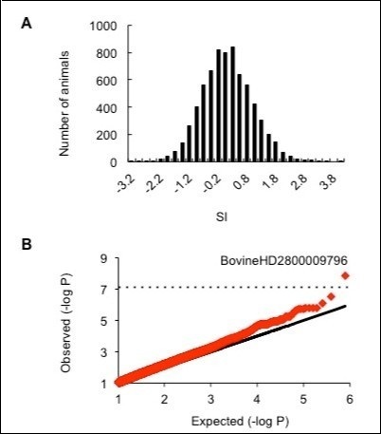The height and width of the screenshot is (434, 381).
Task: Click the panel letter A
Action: tap(28, 18)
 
